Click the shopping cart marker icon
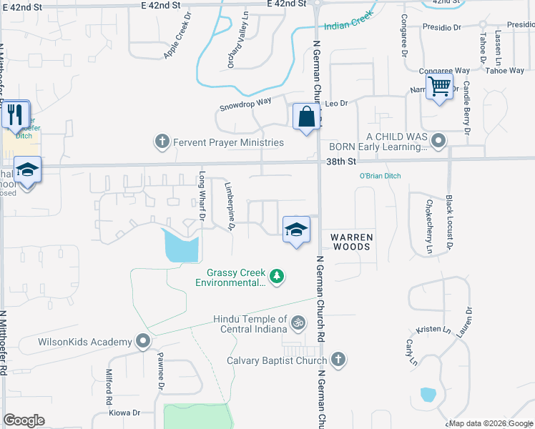pos(440,87)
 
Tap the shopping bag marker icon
pos(306,117)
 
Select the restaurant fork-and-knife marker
pos(15,114)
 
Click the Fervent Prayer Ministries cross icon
pos(162,142)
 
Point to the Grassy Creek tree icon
pos(277,276)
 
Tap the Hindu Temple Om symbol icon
pos(298,324)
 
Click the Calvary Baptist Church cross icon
pos(339,360)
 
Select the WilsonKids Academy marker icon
pos(143,341)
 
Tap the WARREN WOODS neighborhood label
pos(350,242)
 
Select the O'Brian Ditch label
pos(380,176)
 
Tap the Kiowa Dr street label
pos(124,413)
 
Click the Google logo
pos(24,420)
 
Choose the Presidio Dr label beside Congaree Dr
pos(441,27)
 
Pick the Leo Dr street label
pos(336,104)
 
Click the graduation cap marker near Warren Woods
pos(296,230)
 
